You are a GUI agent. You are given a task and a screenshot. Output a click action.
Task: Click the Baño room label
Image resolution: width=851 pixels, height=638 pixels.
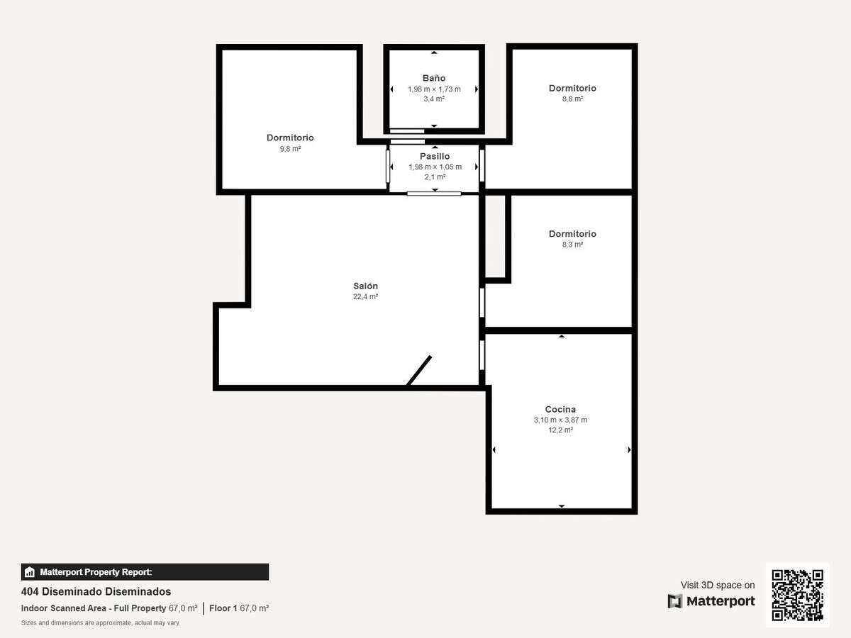[434, 78]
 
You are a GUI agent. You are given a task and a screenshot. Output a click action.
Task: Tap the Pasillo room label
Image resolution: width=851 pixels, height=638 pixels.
[435, 156]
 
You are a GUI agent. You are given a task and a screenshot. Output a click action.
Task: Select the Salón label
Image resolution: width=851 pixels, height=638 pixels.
[365, 286]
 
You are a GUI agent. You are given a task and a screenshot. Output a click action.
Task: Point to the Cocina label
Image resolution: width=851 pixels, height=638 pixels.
[560, 409]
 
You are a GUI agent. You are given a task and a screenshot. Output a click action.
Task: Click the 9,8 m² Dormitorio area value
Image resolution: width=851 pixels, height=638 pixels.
[290, 149]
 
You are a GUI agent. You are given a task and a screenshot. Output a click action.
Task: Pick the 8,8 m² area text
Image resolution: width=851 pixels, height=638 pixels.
[572, 99]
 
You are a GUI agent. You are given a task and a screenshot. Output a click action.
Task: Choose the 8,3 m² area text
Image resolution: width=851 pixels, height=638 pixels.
[572, 245]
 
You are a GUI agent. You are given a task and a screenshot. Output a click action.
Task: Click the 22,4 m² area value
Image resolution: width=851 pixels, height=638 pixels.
[365, 297]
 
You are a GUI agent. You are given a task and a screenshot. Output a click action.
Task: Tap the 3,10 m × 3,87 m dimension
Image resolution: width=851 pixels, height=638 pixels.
[560, 420]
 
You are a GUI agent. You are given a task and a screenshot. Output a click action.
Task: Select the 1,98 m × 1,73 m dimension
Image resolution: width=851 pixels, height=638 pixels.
[434, 89]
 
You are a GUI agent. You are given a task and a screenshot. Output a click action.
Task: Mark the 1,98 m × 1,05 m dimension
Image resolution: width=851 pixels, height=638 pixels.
[435, 167]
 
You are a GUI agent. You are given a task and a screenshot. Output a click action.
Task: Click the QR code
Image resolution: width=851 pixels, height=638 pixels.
[798, 595]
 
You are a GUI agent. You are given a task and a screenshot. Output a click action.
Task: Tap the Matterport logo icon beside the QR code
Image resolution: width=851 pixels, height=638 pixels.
[675, 601]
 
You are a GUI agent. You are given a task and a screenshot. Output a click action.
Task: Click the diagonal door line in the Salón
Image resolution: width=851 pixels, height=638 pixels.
[418, 371]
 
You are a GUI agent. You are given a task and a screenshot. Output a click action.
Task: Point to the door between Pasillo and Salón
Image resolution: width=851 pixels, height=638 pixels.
[434, 194]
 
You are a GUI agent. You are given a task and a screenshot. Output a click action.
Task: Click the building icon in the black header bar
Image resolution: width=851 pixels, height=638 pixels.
[30, 572]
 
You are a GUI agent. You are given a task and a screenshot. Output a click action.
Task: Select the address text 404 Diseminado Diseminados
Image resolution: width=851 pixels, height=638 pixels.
[96, 591]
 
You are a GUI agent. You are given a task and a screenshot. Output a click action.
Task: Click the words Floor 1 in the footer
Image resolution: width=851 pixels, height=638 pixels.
[223, 608]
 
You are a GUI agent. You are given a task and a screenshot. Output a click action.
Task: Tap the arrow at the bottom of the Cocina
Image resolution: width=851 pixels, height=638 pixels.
[562, 506]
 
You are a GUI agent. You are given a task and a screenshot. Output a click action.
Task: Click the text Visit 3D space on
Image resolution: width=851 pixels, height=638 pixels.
[718, 585]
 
